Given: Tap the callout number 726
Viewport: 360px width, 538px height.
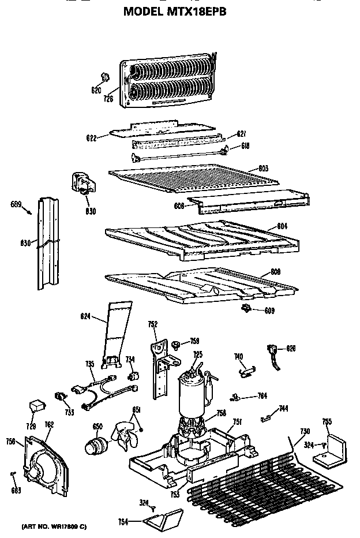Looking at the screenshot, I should [107, 99].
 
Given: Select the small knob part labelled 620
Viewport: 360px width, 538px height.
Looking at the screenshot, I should [104, 77].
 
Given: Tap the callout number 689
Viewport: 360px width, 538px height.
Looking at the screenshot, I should [17, 204].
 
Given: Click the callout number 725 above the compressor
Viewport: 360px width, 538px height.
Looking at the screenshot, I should [197, 354].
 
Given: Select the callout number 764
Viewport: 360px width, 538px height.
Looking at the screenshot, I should [261, 396].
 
